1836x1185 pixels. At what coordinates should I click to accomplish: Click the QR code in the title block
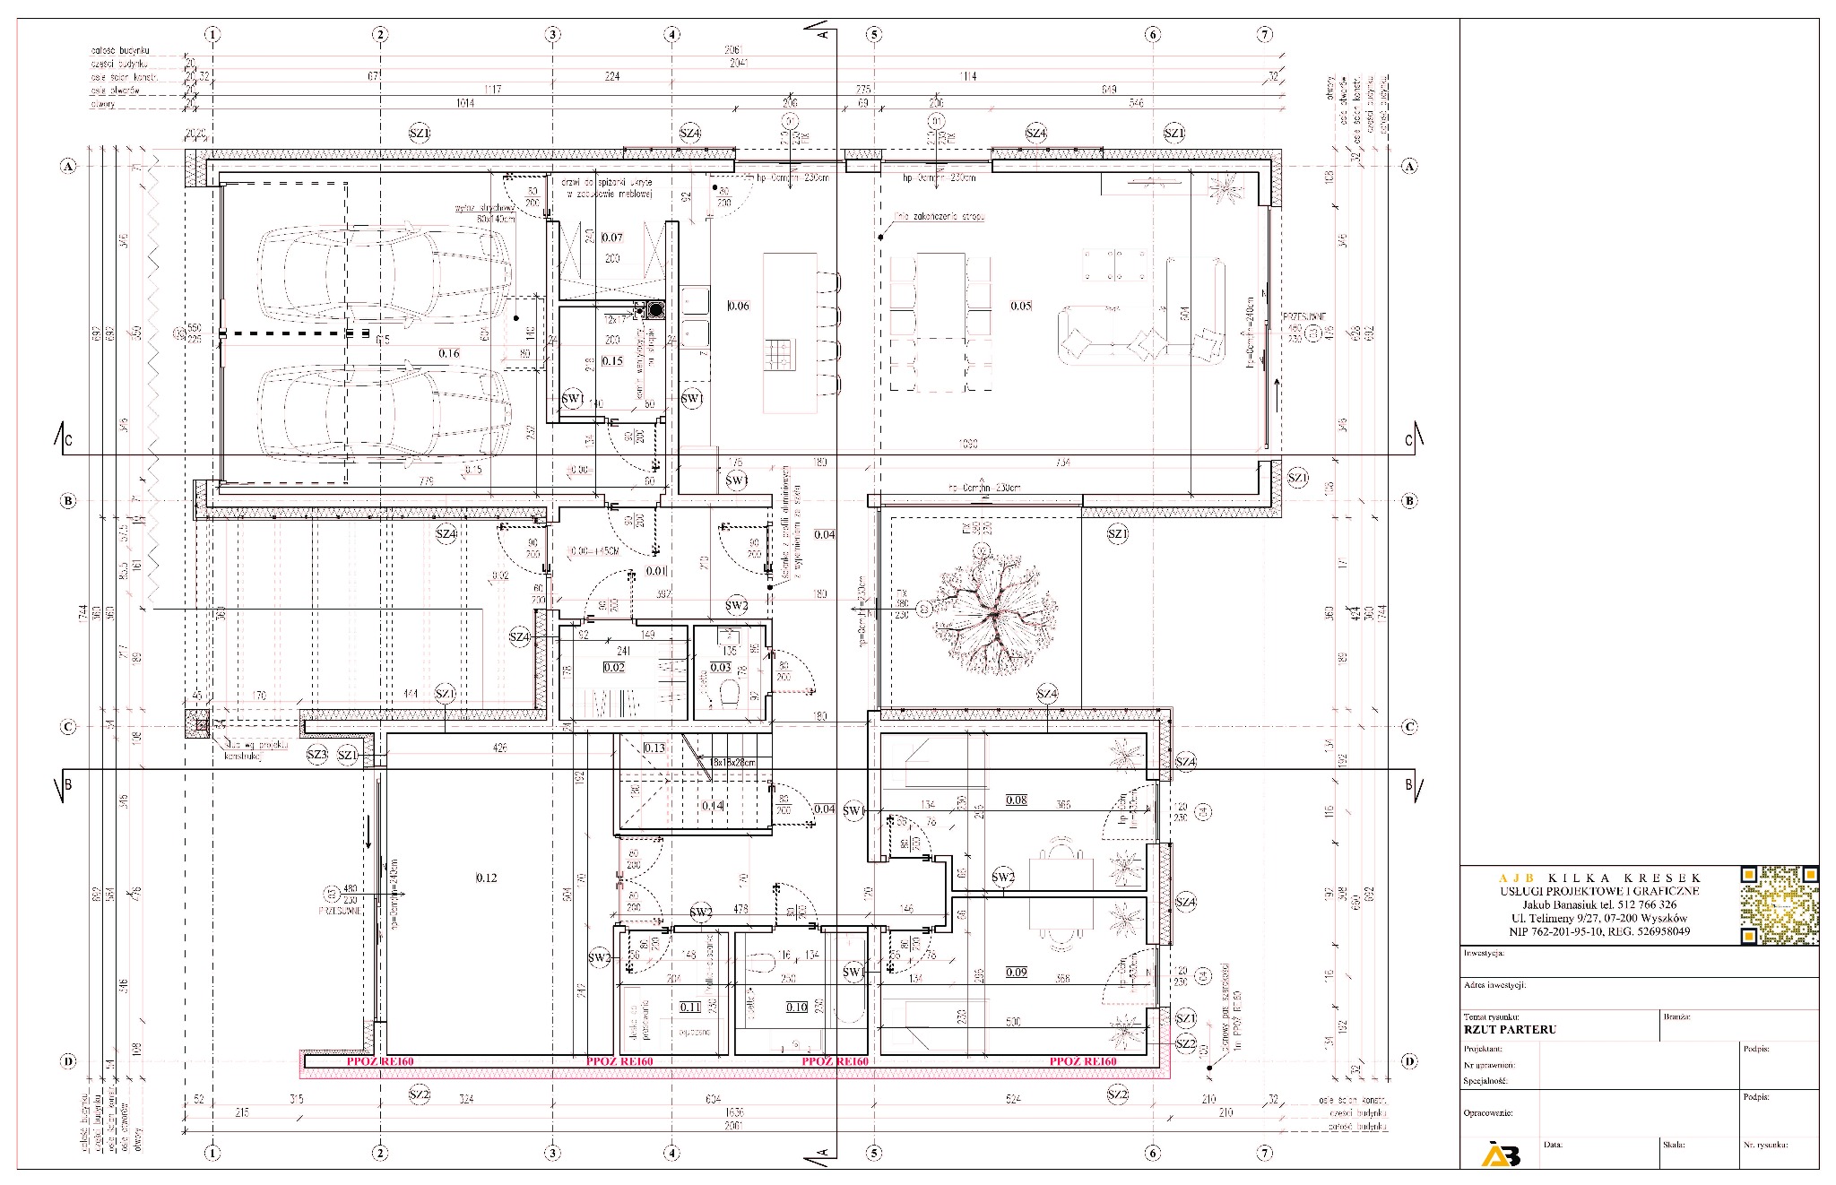(x=1780, y=905)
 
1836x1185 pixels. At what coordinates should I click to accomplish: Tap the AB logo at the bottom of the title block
(x=1501, y=1155)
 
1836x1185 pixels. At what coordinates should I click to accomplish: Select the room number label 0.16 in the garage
(x=449, y=353)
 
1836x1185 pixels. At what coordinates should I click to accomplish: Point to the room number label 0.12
(x=486, y=878)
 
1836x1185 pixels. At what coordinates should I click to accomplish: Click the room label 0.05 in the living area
(x=1021, y=306)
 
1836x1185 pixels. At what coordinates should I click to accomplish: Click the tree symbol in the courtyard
(x=994, y=614)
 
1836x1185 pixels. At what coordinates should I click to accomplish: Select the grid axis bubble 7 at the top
(x=1264, y=35)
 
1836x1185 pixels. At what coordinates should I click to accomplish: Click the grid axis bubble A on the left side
(x=68, y=166)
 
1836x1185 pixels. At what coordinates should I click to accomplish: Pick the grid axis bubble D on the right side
(x=1408, y=1061)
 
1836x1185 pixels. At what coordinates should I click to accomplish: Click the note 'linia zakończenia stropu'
(x=940, y=217)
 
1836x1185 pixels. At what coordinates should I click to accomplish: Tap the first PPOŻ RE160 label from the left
(x=380, y=1061)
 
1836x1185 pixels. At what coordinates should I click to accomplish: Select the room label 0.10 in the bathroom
(x=796, y=1007)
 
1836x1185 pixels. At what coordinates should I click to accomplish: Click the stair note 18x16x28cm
(x=732, y=762)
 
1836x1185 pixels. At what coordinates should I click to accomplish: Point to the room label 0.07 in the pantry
(x=612, y=238)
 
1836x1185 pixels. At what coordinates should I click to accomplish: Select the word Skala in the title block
(x=1674, y=1145)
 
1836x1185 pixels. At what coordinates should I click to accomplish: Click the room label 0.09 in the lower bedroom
(x=1016, y=972)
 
